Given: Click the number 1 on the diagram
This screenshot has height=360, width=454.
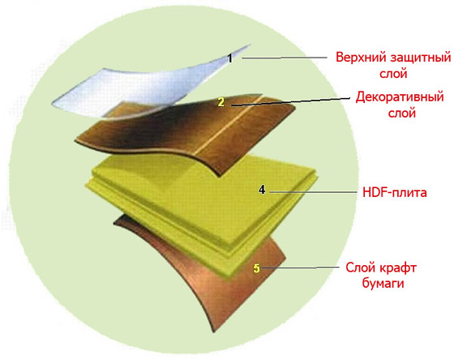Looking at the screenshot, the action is tap(230, 58).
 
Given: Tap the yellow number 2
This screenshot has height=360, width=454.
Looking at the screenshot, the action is tap(221, 102).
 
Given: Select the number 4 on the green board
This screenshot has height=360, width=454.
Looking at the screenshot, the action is tap(262, 190).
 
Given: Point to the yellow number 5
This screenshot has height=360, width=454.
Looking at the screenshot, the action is tap(256, 268).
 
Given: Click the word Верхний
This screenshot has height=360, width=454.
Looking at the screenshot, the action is tap(362, 57).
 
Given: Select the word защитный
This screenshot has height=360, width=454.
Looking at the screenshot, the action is tap(421, 58).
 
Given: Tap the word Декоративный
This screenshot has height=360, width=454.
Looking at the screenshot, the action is tap(400, 97).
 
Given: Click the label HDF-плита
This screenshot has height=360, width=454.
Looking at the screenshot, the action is tap(395, 192).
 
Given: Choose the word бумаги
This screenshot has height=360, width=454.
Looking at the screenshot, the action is tap(383, 283).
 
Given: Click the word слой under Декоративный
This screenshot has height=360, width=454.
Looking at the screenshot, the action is tap(402, 113).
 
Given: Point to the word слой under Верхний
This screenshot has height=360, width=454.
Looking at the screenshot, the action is tap(393, 74).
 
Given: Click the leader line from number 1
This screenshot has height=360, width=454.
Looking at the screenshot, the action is tap(285, 58).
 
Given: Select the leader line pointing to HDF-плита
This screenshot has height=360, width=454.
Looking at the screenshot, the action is tap(313, 191).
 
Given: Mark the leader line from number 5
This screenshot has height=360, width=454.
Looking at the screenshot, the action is tap(299, 268).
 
